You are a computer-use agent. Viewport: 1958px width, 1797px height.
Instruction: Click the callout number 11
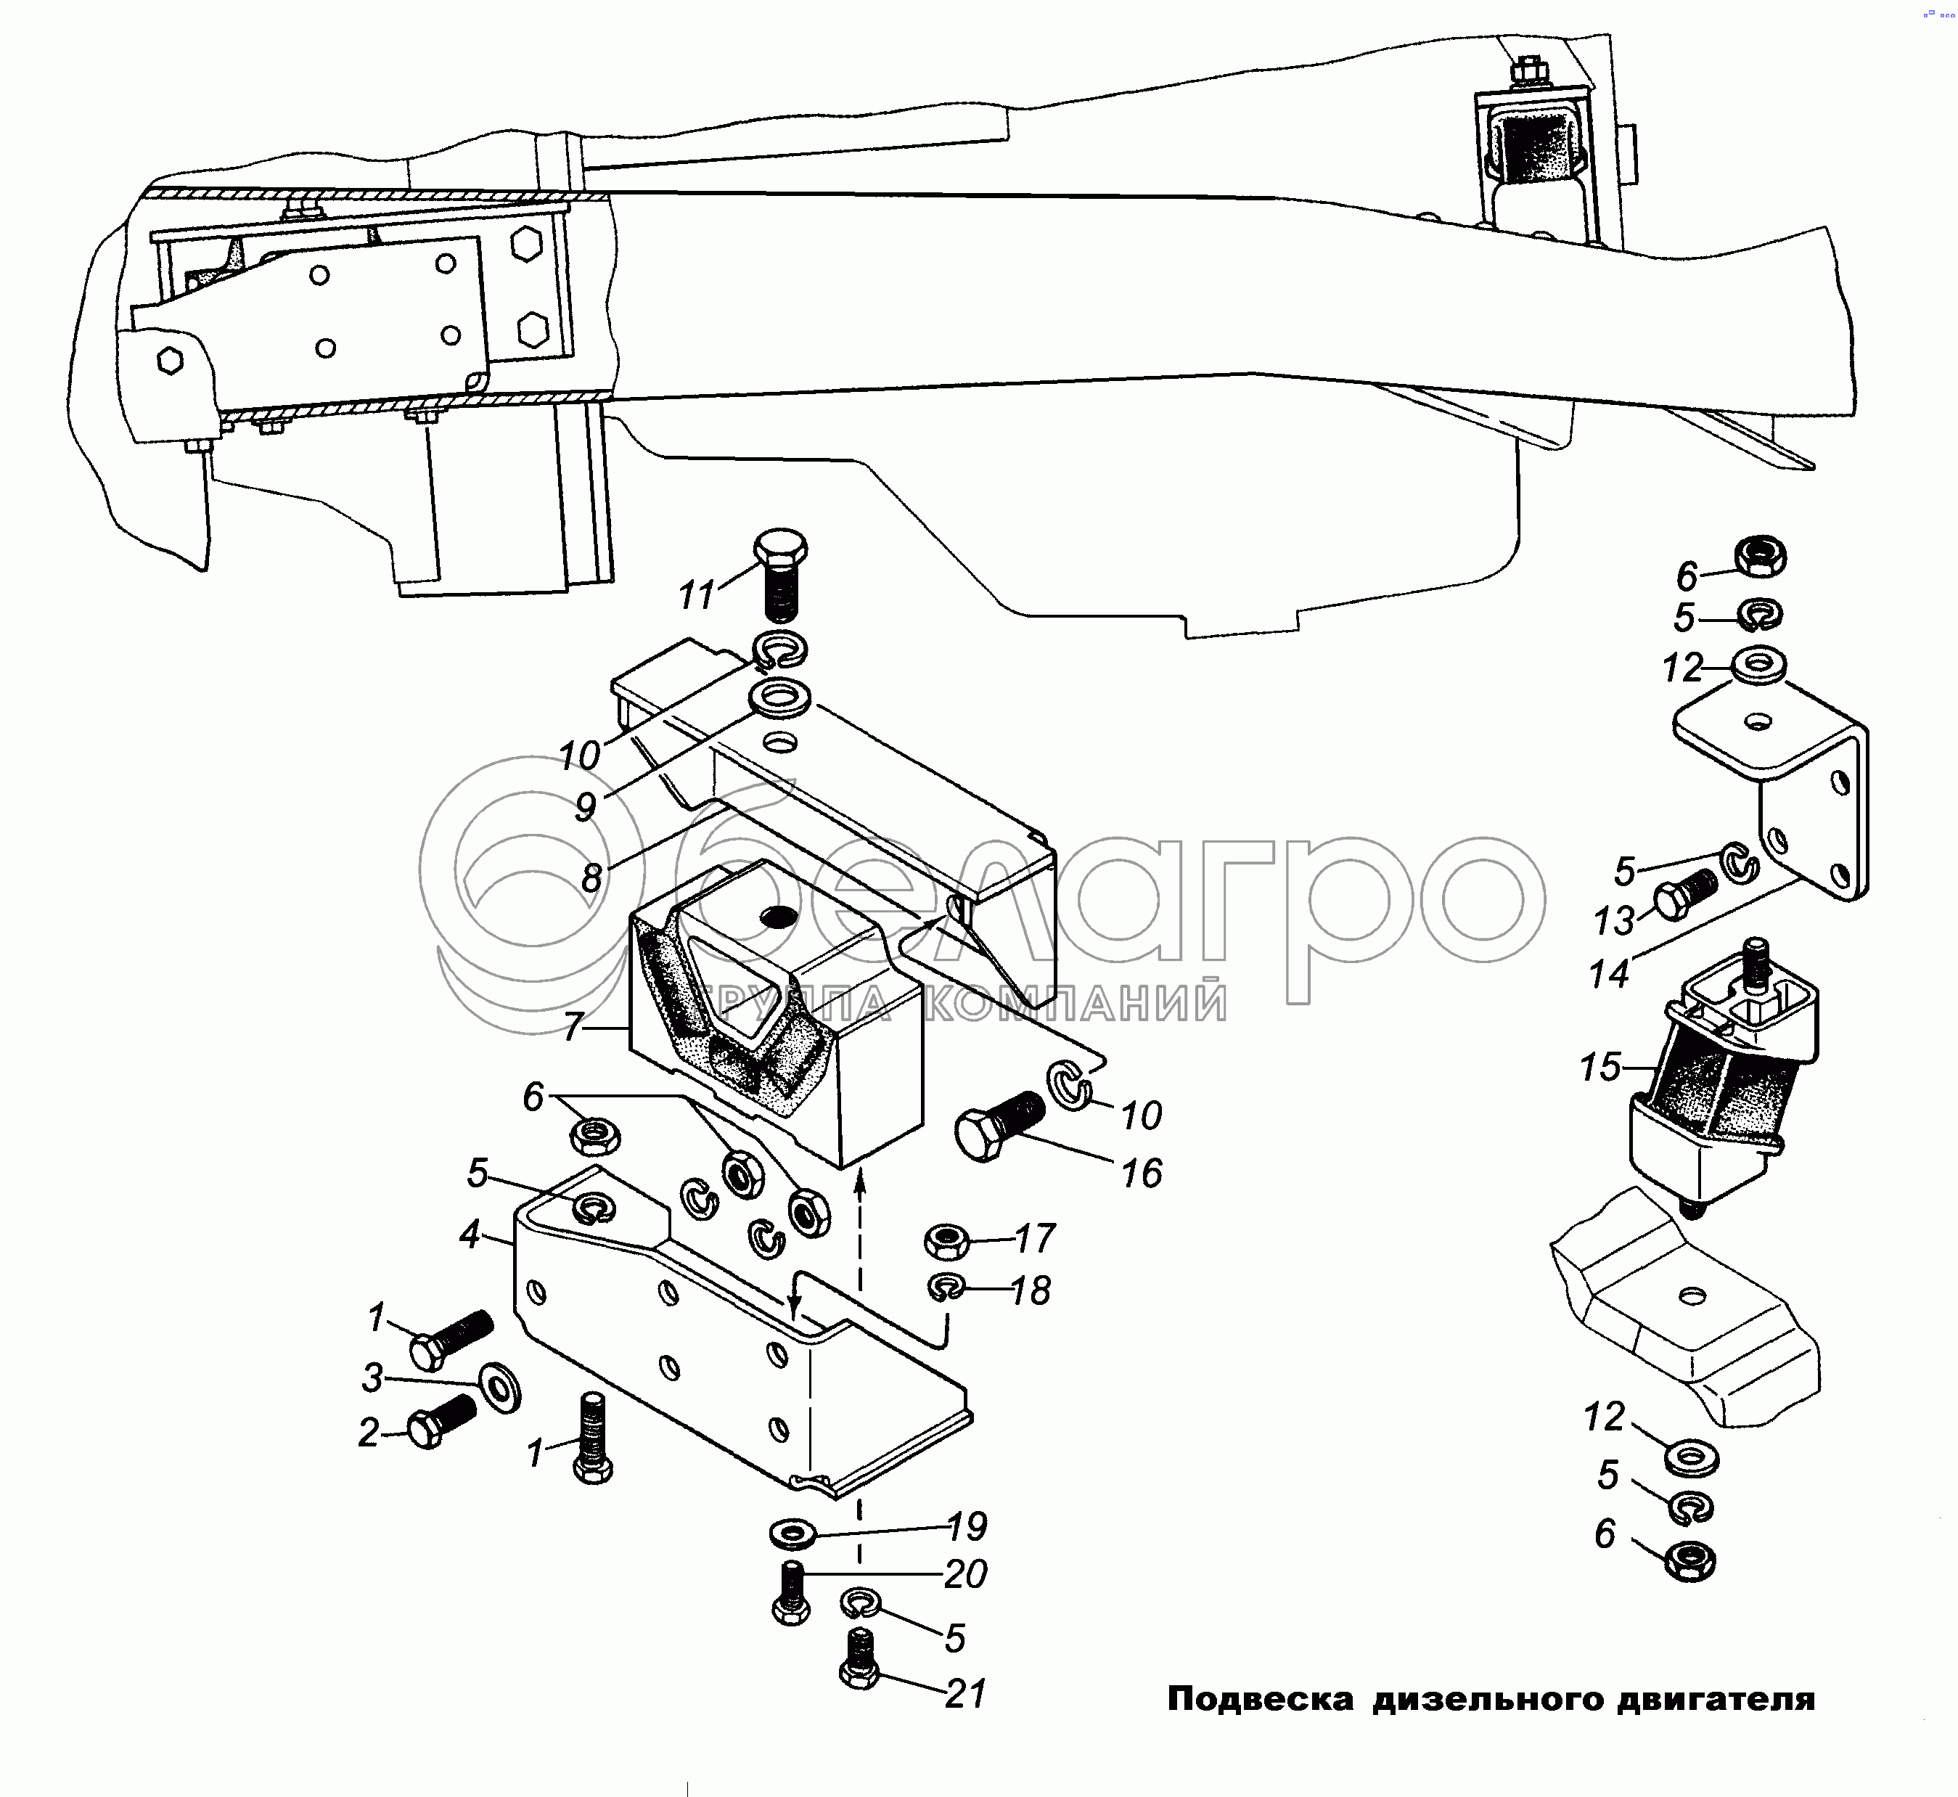tap(696, 595)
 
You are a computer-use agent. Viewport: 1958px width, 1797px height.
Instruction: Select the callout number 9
tap(585, 806)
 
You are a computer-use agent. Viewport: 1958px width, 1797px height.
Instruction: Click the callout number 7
tap(573, 1027)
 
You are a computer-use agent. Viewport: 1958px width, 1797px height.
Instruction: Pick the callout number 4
tap(470, 1235)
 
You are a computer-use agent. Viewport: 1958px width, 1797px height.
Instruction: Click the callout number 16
tap(1142, 1174)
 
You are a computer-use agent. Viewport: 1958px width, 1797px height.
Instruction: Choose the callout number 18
tap(1031, 1290)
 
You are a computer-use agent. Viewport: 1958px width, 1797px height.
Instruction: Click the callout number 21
tap(965, 1693)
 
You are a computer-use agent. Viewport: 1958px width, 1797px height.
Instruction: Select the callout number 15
tap(1600, 1067)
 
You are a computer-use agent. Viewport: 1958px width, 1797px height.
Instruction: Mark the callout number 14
tap(1609, 973)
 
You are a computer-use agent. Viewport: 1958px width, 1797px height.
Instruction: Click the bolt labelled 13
tap(1684, 898)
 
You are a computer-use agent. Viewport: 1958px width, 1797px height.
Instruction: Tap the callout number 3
tap(372, 1378)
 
